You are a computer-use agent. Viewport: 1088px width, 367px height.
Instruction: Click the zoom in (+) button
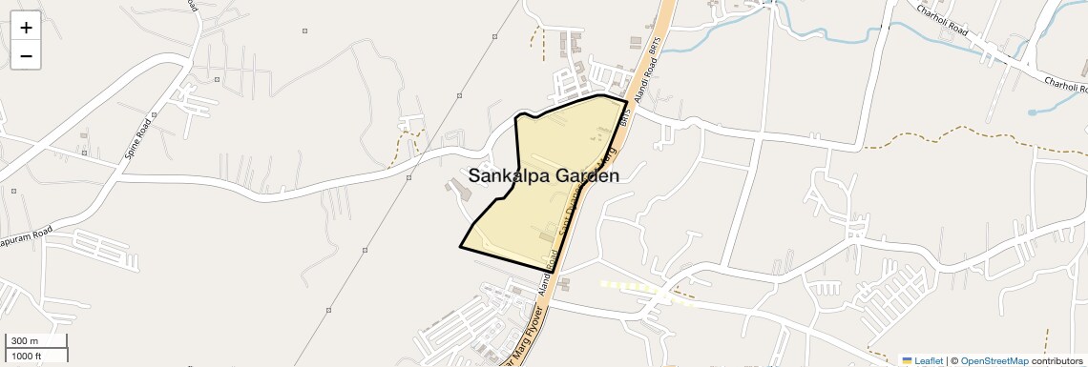(x=26, y=28)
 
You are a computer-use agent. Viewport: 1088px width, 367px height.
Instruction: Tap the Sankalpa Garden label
(x=543, y=175)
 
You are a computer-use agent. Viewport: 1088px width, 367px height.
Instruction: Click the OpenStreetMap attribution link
(x=994, y=360)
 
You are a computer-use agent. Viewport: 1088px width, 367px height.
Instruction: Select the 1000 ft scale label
(x=27, y=356)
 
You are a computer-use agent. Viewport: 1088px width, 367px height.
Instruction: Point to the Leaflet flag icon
(x=908, y=360)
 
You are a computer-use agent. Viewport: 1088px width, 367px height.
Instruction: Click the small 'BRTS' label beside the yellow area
(x=626, y=120)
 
